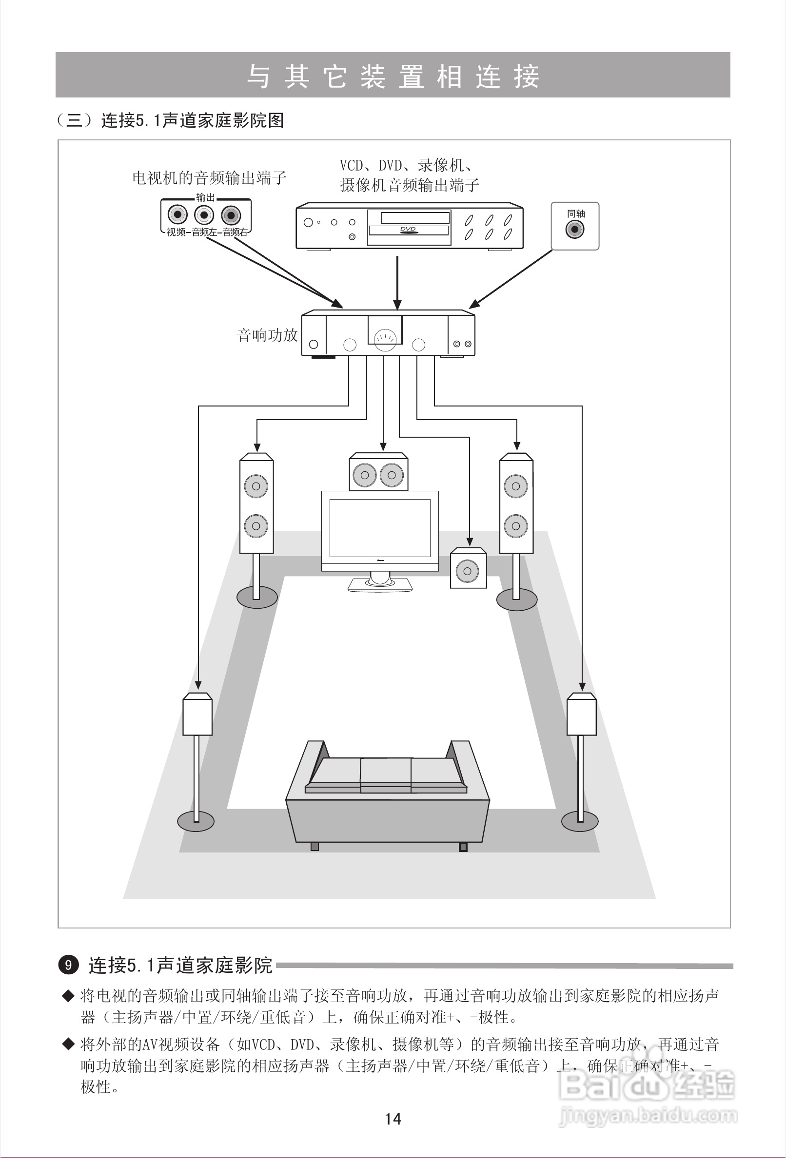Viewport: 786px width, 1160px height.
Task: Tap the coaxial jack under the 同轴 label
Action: pyautogui.click(x=575, y=230)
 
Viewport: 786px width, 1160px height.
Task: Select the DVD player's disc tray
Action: pyautogui.click(x=409, y=230)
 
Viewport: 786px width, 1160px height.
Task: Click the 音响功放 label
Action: pyautogui.click(x=267, y=335)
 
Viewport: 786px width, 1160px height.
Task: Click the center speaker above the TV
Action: pyautogui.click(x=378, y=474)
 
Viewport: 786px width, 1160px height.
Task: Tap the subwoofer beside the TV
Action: pyautogui.click(x=468, y=569)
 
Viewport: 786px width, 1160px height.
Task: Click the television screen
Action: pyautogui.click(x=379, y=527)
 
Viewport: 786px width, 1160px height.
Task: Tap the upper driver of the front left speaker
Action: pyautogui.click(x=256, y=485)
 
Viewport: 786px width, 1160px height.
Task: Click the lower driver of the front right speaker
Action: pyautogui.click(x=516, y=525)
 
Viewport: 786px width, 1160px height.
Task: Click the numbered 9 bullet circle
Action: pyautogui.click(x=68, y=965)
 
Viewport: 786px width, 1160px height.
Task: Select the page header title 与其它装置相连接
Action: pyautogui.click(x=393, y=76)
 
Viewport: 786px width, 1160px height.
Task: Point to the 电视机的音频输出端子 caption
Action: pyautogui.click(x=209, y=177)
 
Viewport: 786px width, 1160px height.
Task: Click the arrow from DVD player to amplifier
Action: pyautogui.click(x=397, y=282)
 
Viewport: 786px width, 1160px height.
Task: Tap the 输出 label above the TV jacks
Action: pyautogui.click(x=205, y=198)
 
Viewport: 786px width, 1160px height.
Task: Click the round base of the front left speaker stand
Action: pyautogui.click(x=256, y=598)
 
